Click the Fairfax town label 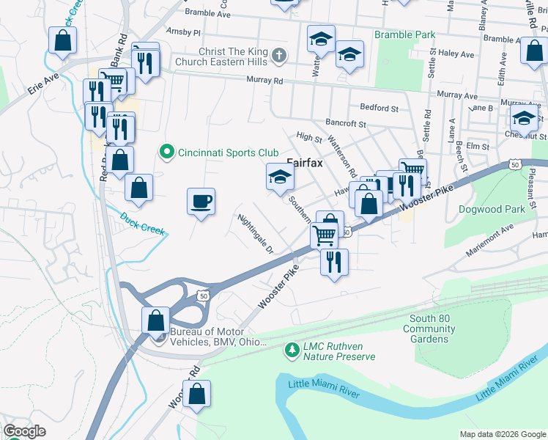point(305,163)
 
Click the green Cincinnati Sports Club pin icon point(166,153)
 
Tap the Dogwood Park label point(491,209)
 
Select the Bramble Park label point(404,34)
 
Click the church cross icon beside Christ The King point(278,56)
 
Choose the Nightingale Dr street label point(255,233)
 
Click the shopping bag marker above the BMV point(155,320)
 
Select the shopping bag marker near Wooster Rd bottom point(197,395)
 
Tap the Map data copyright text point(501,434)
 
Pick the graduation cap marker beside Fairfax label point(279,177)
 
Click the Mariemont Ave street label point(492,243)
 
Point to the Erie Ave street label point(42,87)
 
